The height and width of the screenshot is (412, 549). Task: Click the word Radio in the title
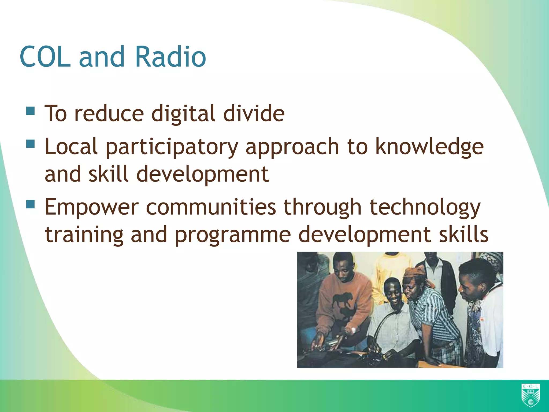(x=170, y=57)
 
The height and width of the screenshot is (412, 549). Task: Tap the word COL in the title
(x=45, y=57)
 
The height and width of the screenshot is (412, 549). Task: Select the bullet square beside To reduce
(x=31, y=111)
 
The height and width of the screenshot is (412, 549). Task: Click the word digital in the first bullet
(x=183, y=114)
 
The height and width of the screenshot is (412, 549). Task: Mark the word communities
(x=211, y=207)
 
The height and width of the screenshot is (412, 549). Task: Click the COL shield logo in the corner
(x=531, y=395)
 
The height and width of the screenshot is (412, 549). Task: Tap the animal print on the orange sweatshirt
(x=342, y=300)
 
